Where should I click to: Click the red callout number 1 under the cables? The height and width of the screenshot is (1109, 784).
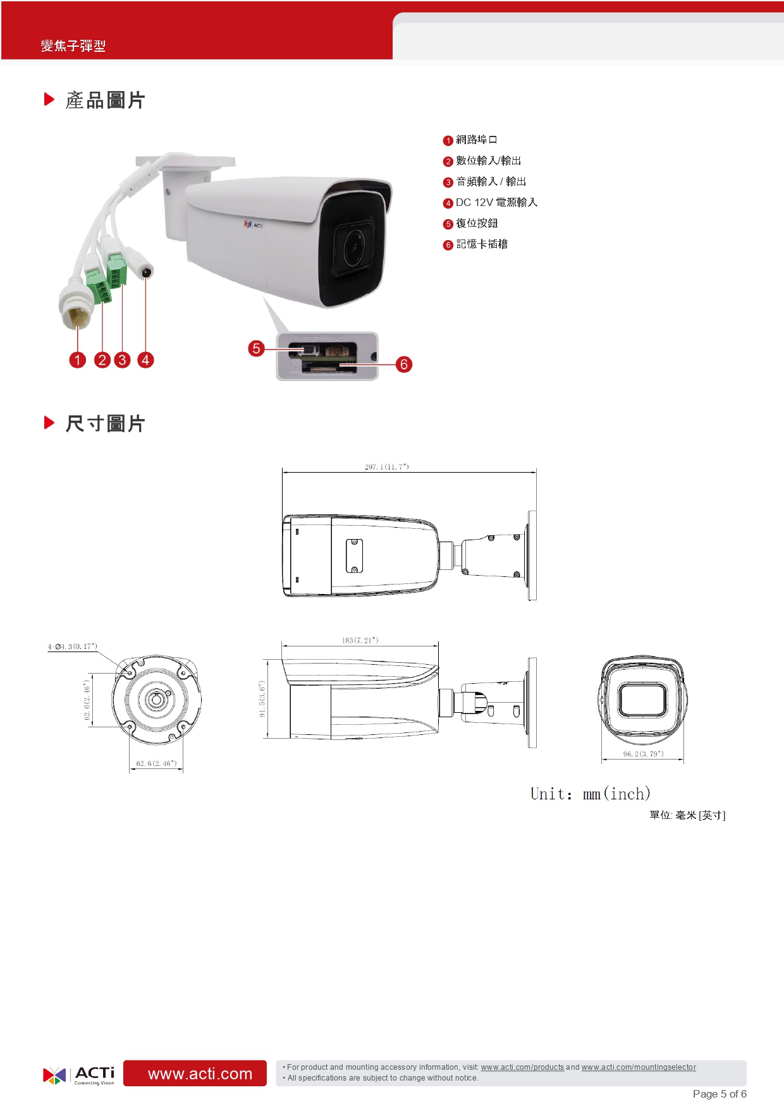77,360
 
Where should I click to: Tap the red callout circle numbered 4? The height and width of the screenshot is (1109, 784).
145,360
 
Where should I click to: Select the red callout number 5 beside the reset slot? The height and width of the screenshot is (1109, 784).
256,348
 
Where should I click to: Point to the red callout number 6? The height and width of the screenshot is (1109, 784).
403,364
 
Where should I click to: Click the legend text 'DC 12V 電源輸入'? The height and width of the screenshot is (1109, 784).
496,202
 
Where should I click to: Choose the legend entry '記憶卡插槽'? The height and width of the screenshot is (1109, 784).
482,244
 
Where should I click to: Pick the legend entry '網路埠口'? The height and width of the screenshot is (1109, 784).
476,140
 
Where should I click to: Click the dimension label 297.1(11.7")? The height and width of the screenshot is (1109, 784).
387,467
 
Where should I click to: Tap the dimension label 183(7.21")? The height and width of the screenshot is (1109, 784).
360,640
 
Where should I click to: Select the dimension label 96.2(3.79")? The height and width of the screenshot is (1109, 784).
643,754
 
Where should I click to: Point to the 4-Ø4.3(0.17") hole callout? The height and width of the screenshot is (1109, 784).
73,646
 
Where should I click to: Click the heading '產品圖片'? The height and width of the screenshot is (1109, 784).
105,100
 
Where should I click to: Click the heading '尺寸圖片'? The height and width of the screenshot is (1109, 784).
105,423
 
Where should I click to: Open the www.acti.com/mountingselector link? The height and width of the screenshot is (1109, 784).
639,1067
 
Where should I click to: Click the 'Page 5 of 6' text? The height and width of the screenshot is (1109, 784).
719,1094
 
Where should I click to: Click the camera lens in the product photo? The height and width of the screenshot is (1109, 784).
354,246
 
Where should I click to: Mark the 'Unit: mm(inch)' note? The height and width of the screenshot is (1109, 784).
590,794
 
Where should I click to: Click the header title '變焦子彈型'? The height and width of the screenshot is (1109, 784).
73,45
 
